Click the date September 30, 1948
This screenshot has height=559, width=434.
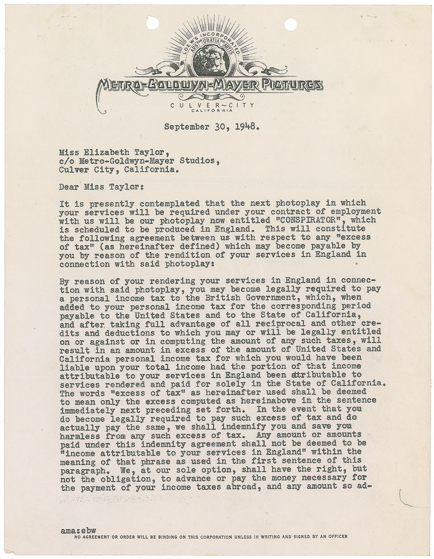(211, 126)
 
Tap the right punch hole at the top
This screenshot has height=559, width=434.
(291, 24)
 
